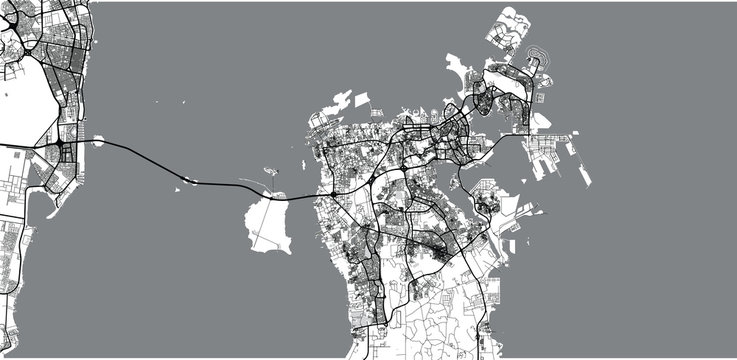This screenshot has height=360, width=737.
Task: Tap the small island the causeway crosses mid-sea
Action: tap(190, 181)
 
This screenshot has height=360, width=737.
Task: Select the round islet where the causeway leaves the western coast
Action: tap(99, 142)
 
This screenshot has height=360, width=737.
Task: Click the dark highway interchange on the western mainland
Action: tap(61, 149)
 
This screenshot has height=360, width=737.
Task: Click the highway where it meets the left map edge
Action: tap(3, 146)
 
